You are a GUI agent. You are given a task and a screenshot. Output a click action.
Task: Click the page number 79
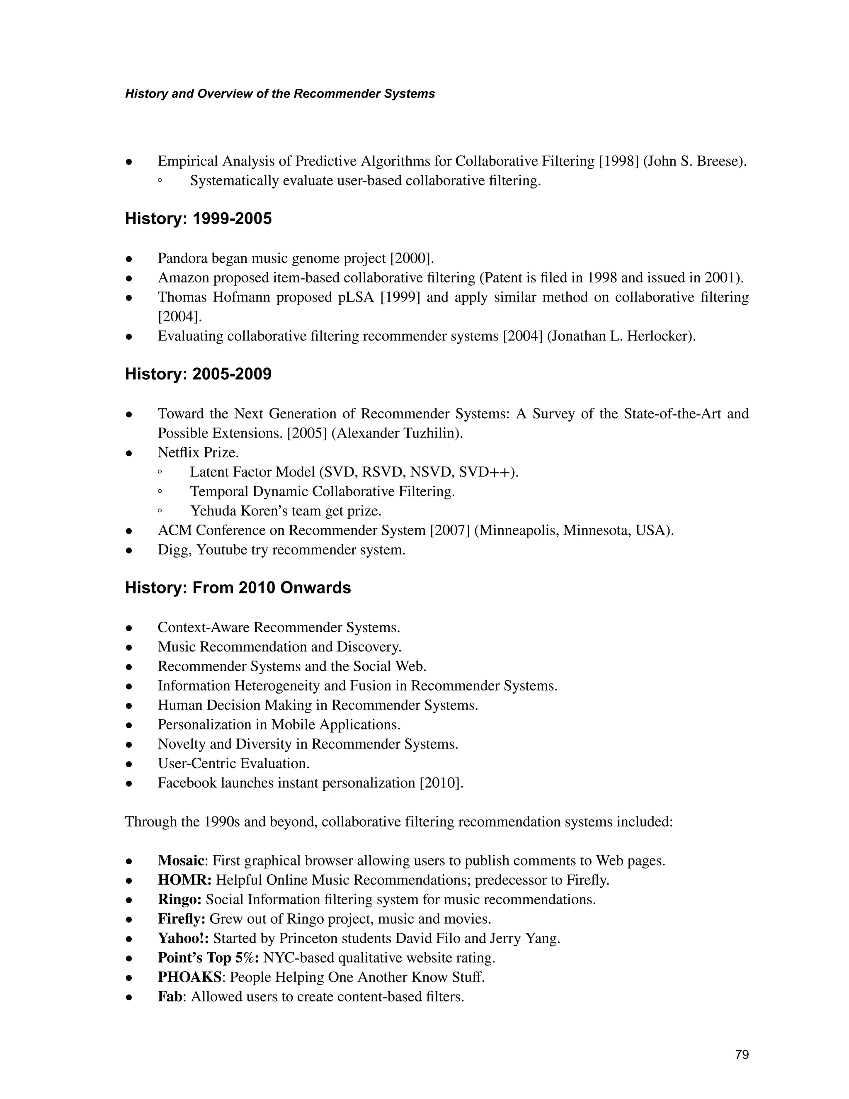pos(742,1055)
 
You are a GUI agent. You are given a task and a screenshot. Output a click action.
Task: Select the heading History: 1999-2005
pos(198,219)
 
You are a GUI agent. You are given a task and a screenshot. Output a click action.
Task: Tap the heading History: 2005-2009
pos(198,374)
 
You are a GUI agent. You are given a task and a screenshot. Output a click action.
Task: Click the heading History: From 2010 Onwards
pos(238,588)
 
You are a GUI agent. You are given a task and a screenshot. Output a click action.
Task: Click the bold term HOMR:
pos(184,880)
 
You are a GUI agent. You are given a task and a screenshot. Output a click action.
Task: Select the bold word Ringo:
pos(180,900)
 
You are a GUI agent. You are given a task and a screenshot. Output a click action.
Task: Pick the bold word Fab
pos(170,997)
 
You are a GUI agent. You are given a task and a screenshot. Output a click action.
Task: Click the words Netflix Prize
pos(198,453)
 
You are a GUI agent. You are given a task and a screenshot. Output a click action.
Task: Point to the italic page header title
pos(280,94)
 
